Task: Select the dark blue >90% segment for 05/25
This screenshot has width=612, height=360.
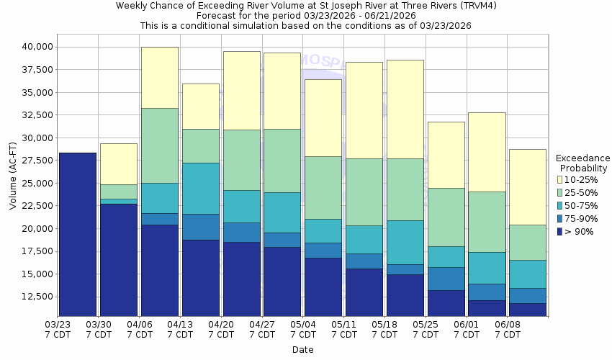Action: tap(446, 303)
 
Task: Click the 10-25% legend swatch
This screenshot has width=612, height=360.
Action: tap(561, 179)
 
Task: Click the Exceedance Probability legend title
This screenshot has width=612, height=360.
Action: tap(583, 163)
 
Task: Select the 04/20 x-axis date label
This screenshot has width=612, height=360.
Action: tap(221, 330)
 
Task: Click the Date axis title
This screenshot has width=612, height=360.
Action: tap(302, 350)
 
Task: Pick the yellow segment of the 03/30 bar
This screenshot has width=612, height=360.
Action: tap(119, 163)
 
